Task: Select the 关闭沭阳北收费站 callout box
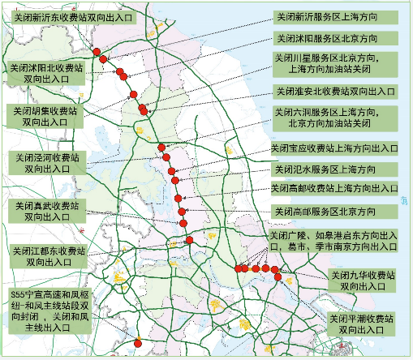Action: [x=45, y=75]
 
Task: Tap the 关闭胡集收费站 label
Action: [x=45, y=115]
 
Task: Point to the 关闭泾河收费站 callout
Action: [x=45, y=162]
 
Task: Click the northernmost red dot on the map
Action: [x=97, y=52]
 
